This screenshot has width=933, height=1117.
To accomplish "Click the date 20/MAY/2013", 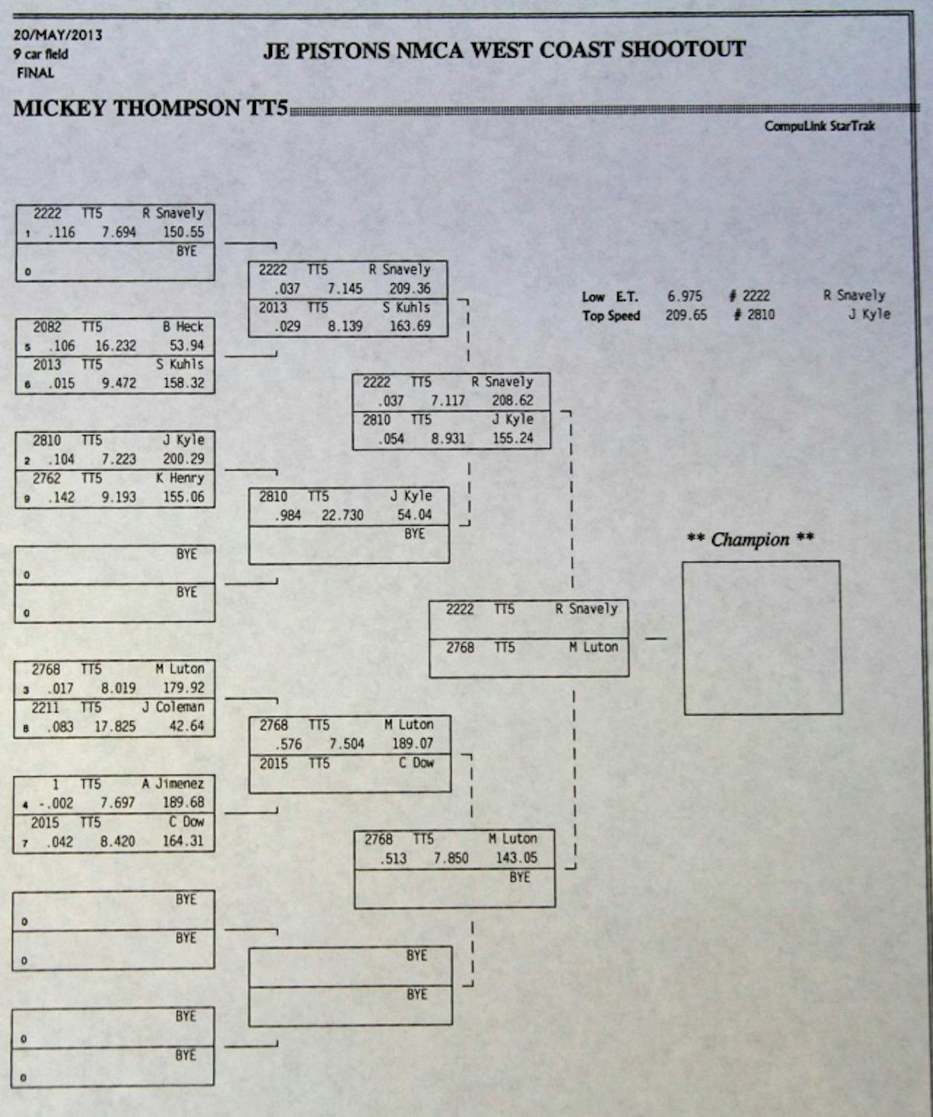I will coord(58,35).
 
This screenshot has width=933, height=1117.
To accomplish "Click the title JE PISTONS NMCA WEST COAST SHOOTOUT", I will coord(504,51).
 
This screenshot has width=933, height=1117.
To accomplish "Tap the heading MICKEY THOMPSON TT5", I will coord(151,108).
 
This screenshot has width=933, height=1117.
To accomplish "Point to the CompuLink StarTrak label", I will coord(819,126).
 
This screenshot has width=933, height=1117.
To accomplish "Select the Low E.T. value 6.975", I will coord(684,296).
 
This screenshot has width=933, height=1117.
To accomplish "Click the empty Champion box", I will coord(762,637).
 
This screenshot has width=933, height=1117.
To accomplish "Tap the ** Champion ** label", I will coord(750,540).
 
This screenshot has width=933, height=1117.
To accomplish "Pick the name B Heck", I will coord(183,327).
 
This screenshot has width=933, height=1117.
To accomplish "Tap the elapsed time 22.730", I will coord(342,515).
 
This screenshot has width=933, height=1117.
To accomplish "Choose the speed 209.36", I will coord(410,289).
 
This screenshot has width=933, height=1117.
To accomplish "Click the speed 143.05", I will coord(516,858).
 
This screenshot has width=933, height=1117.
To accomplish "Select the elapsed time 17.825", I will coord(115,727).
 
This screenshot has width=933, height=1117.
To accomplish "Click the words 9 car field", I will coord(40,54).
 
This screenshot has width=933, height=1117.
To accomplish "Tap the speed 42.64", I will coord(187,727).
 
